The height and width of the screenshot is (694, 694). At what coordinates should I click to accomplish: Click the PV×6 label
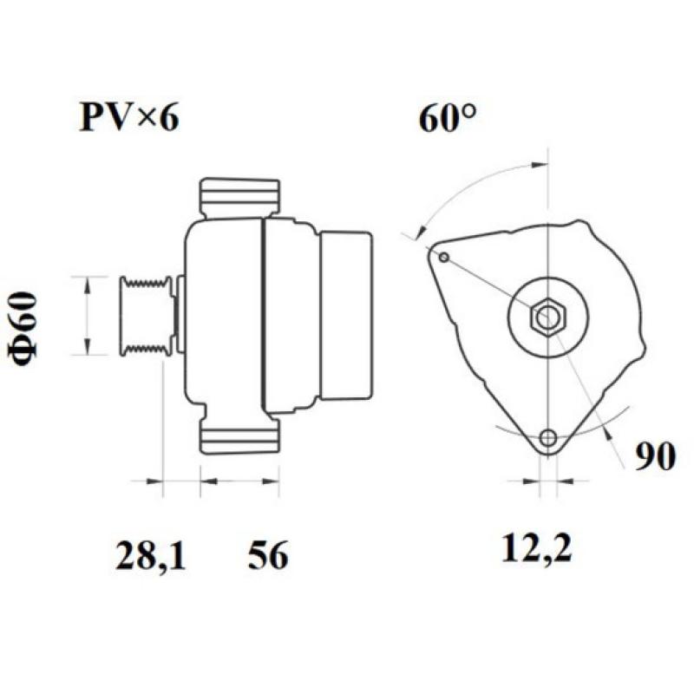tap(129, 117)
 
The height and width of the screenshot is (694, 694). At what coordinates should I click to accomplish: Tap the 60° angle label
tap(448, 118)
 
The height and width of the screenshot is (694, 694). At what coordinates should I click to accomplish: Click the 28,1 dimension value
tap(150, 555)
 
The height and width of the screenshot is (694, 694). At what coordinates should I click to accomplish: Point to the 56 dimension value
tap(267, 555)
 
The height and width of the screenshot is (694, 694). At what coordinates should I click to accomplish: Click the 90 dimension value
tap(654, 457)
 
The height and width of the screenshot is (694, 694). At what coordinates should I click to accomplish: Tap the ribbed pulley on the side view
tap(146, 315)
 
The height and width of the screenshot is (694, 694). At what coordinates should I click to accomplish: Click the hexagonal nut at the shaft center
tap(547, 318)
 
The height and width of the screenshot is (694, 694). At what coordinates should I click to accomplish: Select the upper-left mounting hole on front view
tap(443, 257)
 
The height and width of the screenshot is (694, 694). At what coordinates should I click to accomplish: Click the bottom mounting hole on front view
tap(547, 438)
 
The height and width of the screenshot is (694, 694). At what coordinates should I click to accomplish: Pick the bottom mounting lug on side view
tap(239, 435)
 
